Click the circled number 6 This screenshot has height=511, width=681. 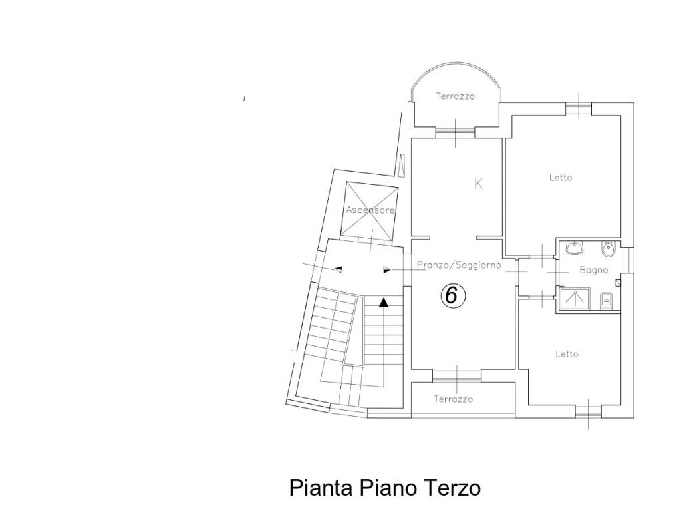coord(450,295)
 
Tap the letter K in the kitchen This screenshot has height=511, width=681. coord(477,184)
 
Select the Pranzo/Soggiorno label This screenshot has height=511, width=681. coord(458,265)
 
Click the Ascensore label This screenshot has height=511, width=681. coord(370,210)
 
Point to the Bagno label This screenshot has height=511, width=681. coord(593,271)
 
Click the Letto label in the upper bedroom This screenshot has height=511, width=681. coord(561,178)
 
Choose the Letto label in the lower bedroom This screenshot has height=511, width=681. coord(567,354)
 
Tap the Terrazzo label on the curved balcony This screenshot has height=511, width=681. coord(455,96)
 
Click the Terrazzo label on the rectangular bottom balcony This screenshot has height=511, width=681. coord(453,399)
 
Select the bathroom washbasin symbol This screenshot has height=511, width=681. coord(574,249)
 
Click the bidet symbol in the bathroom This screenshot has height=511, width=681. coord(607,250)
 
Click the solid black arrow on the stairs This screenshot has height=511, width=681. coord(383,303)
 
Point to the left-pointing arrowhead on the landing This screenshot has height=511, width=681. coord(338,269)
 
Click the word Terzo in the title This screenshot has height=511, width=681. coord(451,488)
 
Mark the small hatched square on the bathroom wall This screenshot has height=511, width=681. coord(618,283)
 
